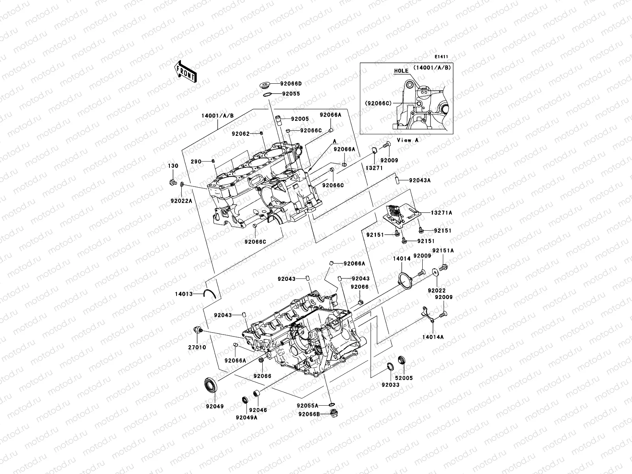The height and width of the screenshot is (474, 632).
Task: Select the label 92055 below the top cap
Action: (291, 94)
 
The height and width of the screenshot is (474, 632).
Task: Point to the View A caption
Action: (407, 140)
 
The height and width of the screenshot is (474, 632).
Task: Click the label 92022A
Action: (181, 201)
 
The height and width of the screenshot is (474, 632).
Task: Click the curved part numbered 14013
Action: (209, 293)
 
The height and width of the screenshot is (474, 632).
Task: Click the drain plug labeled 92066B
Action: (335, 413)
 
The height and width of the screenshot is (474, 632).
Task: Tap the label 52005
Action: (403, 378)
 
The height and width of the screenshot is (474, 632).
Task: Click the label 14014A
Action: (433, 337)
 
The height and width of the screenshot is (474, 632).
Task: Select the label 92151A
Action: (443, 250)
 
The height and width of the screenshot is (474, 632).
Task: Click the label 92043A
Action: (419, 180)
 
